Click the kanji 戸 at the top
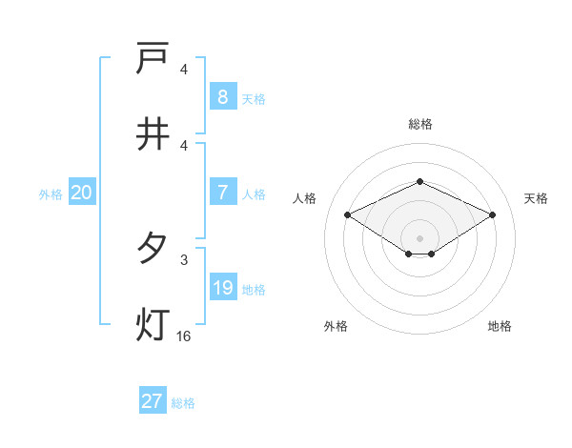click(153, 59)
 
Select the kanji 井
click(153, 134)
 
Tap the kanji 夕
click(153, 249)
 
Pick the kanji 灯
click(153, 325)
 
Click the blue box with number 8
click(222, 96)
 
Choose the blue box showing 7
click(222, 193)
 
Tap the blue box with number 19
click(222, 288)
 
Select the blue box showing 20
click(81, 193)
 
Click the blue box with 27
click(153, 401)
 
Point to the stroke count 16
click(183, 336)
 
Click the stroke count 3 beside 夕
click(183, 258)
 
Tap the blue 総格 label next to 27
click(183, 403)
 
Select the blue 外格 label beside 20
click(51, 193)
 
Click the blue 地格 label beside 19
click(254, 289)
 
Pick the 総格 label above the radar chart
click(419, 124)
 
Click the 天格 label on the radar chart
click(537, 198)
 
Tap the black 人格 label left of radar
click(305, 198)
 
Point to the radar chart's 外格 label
click(336, 326)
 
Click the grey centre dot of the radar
click(419, 237)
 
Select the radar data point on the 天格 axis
click(492, 214)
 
